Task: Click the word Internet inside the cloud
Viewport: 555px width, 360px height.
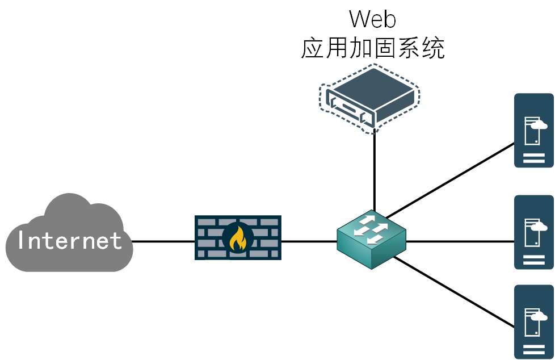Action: [x=69, y=241]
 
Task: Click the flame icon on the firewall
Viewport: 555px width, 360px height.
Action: [x=238, y=238]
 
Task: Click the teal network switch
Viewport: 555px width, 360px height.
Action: [x=371, y=250]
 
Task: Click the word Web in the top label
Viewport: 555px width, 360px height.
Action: [x=372, y=19]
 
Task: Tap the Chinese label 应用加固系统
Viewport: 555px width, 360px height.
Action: [x=372, y=49]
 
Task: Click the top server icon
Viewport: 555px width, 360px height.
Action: [x=533, y=131]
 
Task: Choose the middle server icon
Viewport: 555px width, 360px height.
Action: [x=533, y=232]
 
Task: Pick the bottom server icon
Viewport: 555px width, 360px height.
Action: [x=533, y=321]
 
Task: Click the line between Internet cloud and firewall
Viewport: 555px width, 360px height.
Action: [x=163, y=241]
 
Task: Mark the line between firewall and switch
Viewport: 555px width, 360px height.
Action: [x=309, y=241]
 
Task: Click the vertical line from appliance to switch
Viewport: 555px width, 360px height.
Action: [x=375, y=170]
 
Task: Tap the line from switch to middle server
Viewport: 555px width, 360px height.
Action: [x=460, y=241]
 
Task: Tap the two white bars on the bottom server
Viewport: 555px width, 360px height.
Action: [x=533, y=348]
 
